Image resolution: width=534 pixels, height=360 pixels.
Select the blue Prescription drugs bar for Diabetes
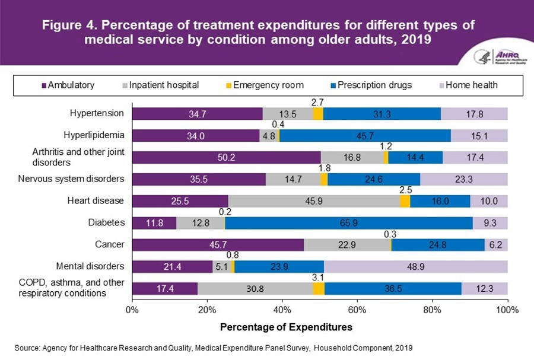coord(349,223)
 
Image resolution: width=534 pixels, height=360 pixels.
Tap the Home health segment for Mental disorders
coord(415,266)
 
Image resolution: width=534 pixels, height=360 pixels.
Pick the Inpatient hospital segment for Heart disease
coord(314,201)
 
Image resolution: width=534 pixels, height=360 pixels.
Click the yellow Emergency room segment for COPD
coord(319,288)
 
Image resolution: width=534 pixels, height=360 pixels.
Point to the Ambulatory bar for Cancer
coord(218,245)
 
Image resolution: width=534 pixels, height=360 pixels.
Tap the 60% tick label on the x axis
coord(357,309)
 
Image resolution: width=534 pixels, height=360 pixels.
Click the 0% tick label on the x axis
coord(132,309)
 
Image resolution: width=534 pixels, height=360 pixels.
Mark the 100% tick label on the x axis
coord(507,309)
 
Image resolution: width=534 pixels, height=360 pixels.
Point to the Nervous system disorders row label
coord(78,179)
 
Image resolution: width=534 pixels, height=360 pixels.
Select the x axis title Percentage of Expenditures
coord(286,327)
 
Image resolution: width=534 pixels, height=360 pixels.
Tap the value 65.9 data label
coord(349,223)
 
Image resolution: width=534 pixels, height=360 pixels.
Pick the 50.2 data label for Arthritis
coord(226,157)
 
